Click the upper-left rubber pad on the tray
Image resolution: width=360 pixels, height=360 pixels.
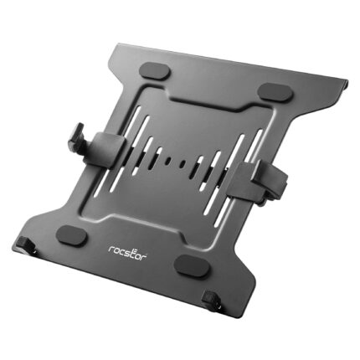click(156, 70)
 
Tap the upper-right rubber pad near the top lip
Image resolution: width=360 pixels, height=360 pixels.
click(275, 91)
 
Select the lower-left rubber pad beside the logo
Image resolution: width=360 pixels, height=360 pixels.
click(72, 236)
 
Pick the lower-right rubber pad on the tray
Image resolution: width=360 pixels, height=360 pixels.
click(193, 265)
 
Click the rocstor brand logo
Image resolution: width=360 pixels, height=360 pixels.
click(127, 253)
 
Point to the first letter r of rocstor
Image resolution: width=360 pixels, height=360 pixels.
click(111, 249)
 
